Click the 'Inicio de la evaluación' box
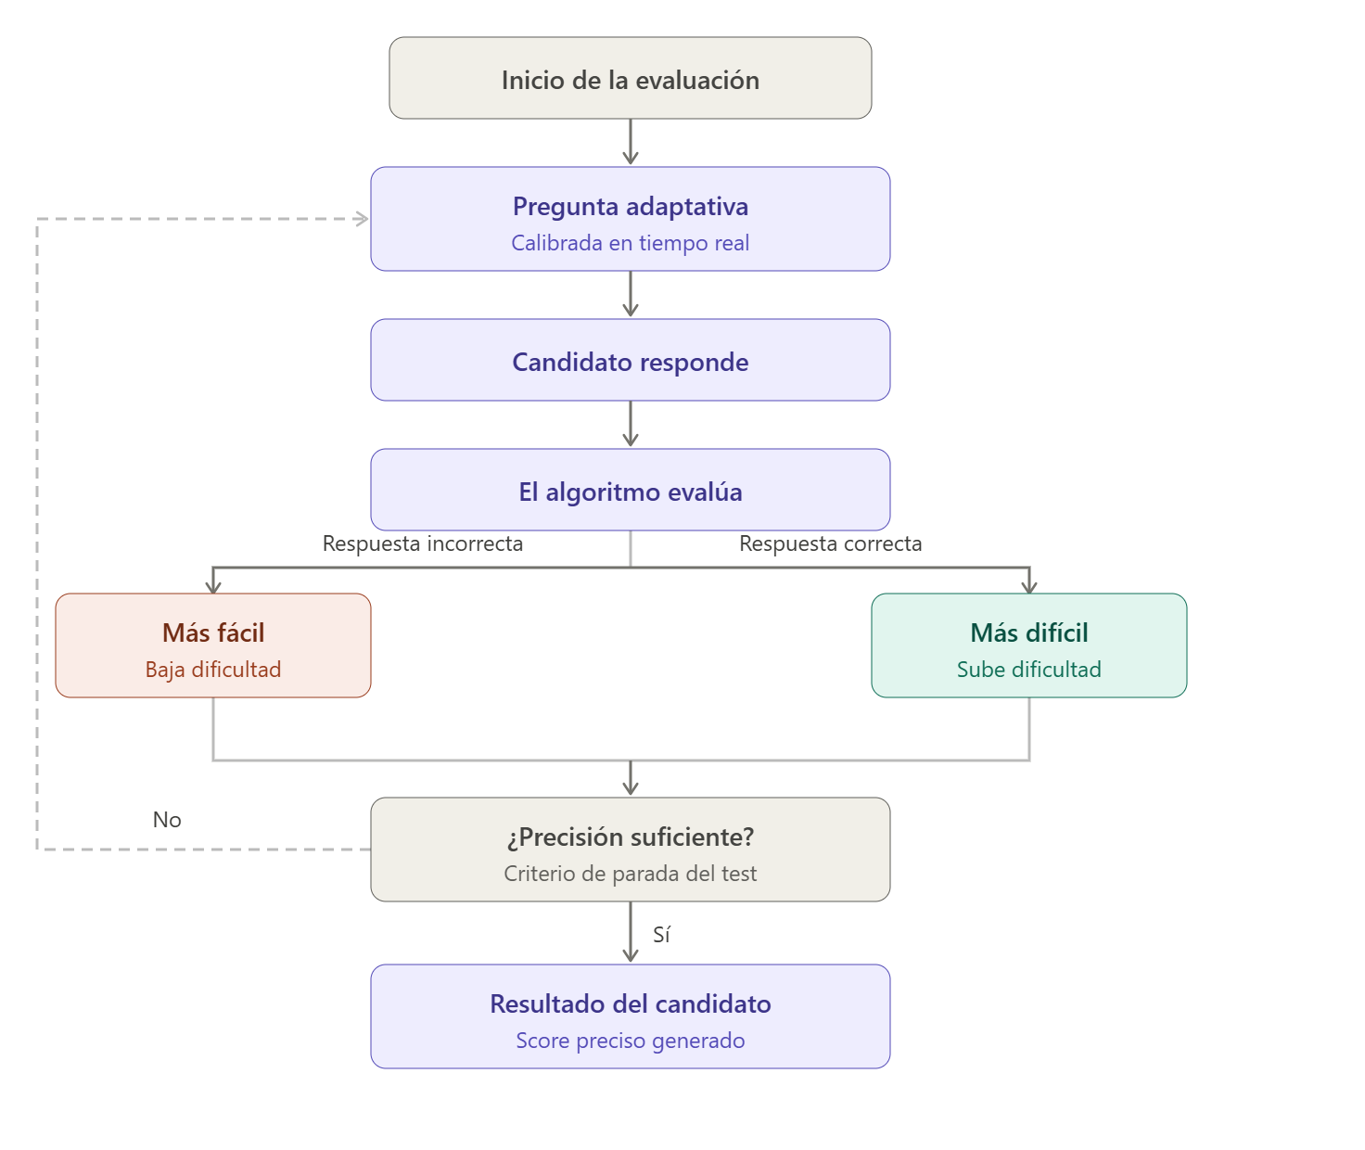click(631, 79)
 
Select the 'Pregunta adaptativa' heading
click(631, 206)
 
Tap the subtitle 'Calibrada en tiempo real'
click(631, 243)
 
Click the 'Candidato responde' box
click(631, 361)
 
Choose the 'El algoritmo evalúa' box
click(631, 491)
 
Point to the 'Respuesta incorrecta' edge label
click(423, 543)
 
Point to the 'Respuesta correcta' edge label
click(830, 543)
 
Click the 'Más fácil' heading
click(213, 632)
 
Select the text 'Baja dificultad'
click(213, 670)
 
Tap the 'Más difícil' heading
click(1029, 632)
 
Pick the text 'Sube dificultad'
click(1029, 670)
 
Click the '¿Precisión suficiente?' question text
click(631, 837)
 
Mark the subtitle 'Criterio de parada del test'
click(631, 874)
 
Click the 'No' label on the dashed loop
click(167, 820)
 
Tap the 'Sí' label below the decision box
click(661, 935)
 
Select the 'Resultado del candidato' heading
click(631, 1003)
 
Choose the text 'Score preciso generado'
click(631, 1041)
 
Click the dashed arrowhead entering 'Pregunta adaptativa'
click(362, 219)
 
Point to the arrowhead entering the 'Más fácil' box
click(213, 585)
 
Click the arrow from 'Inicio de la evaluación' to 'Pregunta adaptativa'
click(631, 142)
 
